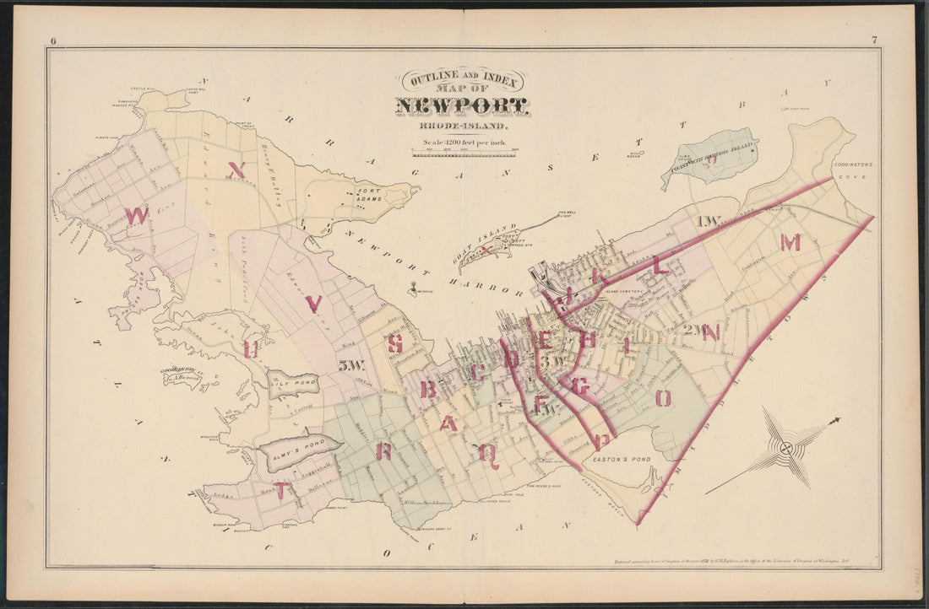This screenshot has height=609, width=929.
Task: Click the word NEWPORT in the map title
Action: coord(461,106)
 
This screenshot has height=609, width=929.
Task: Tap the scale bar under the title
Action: coord(465,153)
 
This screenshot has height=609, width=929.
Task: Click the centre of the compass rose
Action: coord(786,448)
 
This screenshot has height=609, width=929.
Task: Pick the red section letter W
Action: coord(137,215)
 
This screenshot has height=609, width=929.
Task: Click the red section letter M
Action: coord(790,243)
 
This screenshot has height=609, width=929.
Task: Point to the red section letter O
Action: coord(664,397)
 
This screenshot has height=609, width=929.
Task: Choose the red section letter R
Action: coord(383,451)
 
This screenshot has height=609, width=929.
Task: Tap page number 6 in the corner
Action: coord(53,40)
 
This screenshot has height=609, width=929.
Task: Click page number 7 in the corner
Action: coord(874,40)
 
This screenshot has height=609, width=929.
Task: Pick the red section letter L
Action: coord(660,267)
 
